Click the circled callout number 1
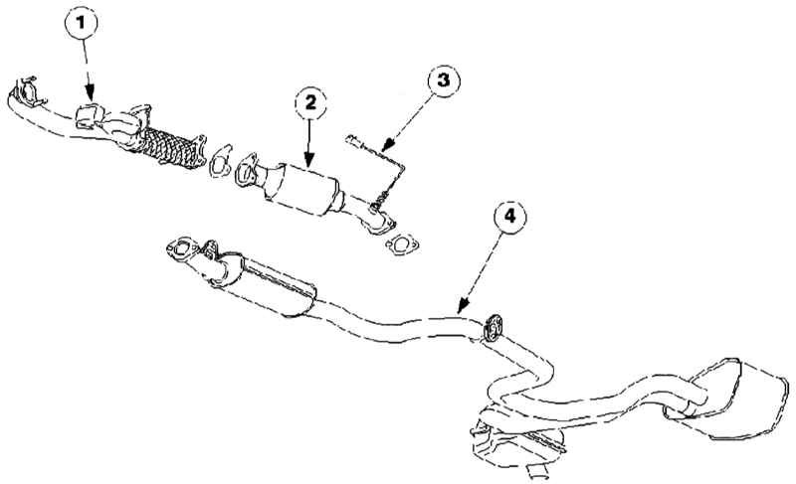tap(81, 22)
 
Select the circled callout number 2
tap(310, 103)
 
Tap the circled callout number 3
tap(443, 80)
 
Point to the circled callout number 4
tap(509, 216)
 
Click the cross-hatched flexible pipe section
tap(169, 147)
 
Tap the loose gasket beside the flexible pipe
tap(219, 161)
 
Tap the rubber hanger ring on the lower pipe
tap(492, 327)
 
